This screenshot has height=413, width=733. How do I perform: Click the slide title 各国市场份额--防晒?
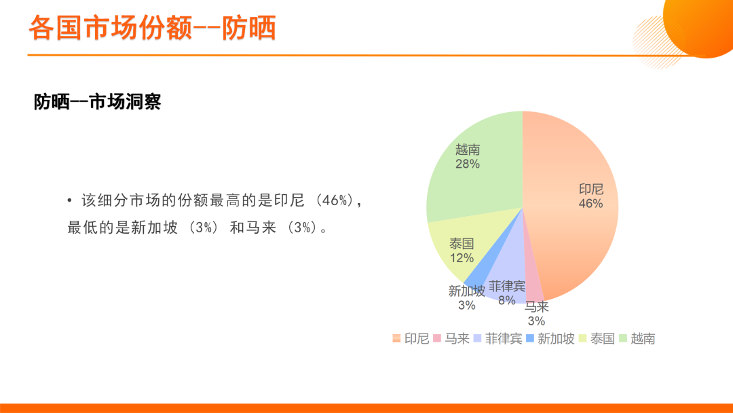tap(153, 28)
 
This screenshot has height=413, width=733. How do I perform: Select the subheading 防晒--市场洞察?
tap(97, 101)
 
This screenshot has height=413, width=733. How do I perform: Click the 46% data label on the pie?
tap(591, 204)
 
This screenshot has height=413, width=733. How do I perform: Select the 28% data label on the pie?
tap(468, 164)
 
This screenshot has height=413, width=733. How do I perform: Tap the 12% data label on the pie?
tap(462, 257)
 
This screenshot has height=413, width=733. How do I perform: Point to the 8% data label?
tap(507, 300)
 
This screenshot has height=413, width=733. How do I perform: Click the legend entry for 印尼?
tap(411, 339)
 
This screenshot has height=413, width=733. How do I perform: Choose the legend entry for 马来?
tap(451, 339)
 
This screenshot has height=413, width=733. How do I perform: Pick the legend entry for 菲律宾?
tap(498, 339)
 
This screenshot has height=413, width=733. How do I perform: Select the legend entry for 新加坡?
tap(550, 339)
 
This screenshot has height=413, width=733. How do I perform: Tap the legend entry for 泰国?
tap(597, 339)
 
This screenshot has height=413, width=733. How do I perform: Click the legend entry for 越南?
tap(637, 339)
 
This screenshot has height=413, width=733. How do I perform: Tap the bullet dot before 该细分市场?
tap(70, 201)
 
